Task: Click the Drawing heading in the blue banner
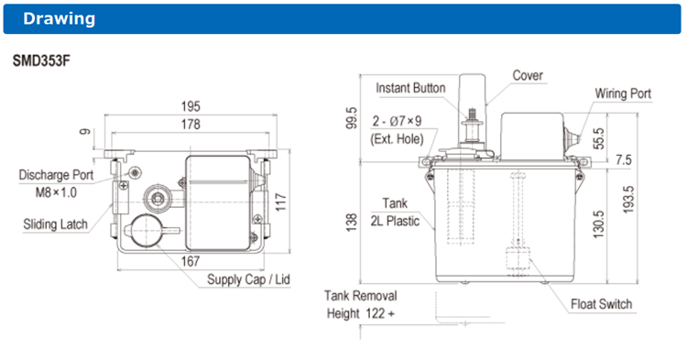click(60, 19)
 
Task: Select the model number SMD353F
click(41, 60)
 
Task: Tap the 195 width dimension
click(191, 106)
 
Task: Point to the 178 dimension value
click(191, 125)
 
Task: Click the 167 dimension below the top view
click(191, 261)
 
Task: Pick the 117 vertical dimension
click(280, 202)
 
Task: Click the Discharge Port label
click(56, 175)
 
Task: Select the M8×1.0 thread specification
click(56, 192)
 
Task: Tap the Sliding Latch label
click(55, 224)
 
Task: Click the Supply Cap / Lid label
click(248, 279)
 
